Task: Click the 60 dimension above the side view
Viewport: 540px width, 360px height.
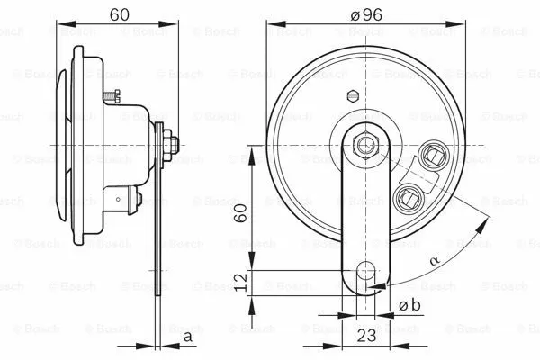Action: coord(118,14)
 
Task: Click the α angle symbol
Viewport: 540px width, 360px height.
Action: coord(435,260)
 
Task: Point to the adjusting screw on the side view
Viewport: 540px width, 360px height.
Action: coord(112,94)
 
